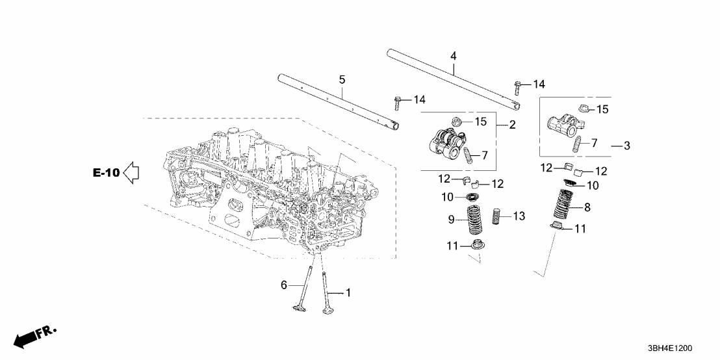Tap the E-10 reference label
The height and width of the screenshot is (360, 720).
(x=106, y=174)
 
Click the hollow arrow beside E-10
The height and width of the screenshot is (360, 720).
(x=132, y=174)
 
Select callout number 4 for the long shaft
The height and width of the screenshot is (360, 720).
(x=453, y=57)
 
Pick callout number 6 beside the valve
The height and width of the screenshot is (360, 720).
(x=283, y=284)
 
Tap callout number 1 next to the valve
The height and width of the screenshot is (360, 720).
(x=348, y=293)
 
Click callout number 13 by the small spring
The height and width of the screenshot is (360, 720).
(x=518, y=216)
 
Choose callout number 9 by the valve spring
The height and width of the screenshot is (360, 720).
(x=451, y=220)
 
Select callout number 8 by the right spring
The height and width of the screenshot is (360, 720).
(x=587, y=208)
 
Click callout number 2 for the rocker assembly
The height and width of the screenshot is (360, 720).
(x=512, y=125)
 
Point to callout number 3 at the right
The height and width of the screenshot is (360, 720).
(x=626, y=146)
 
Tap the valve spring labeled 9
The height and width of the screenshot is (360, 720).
(x=476, y=220)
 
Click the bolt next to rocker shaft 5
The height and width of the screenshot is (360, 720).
(x=397, y=102)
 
